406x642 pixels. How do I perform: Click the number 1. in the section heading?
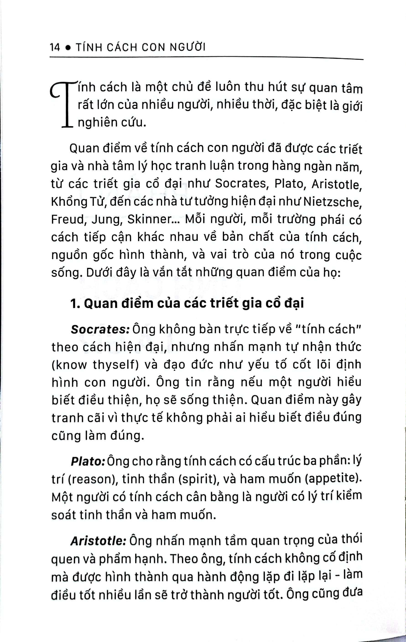click(74, 304)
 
